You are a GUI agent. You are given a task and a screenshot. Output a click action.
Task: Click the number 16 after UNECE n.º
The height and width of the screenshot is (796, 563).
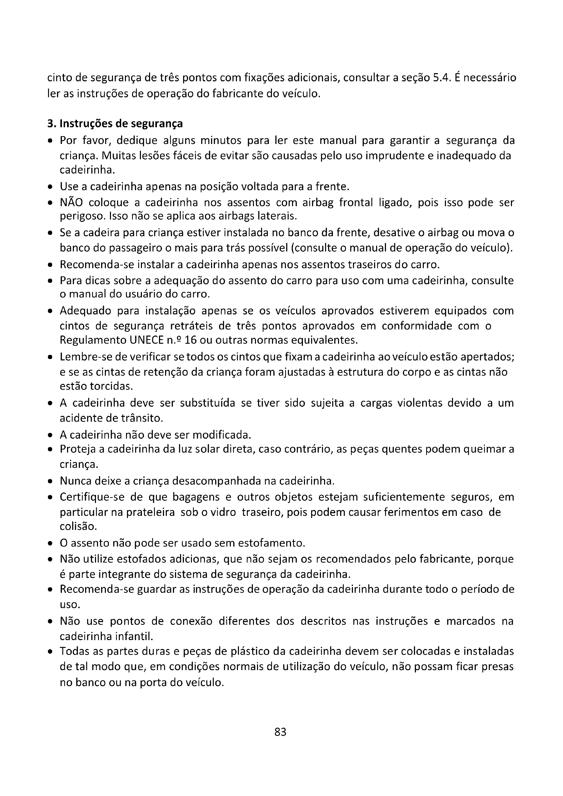pos(191,340)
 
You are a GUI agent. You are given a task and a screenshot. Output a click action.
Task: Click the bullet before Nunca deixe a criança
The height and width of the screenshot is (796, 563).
pos(51,482)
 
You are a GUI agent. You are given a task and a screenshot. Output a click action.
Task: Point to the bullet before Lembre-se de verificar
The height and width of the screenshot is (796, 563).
pos(51,357)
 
